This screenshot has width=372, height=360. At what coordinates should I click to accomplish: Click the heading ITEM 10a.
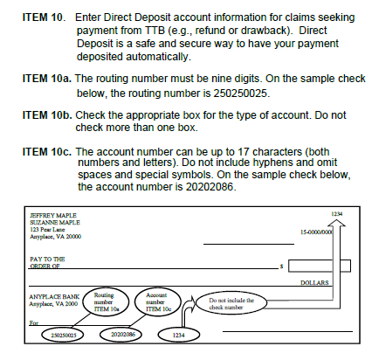pos(46,79)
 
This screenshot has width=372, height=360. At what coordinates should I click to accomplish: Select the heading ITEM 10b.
pos(47,115)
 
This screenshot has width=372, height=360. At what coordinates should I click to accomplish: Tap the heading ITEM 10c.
pos(46,152)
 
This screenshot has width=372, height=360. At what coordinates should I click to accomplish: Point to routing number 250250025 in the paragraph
pos(240,93)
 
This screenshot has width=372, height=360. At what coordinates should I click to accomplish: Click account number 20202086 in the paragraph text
pos(210,187)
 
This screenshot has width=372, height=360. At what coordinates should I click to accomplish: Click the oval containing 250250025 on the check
pos(63,335)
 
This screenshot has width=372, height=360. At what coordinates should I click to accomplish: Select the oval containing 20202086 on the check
pos(121,334)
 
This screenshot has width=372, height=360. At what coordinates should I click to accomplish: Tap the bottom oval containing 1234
pos(179,335)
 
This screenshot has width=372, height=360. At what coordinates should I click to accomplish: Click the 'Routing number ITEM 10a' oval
pos(106,302)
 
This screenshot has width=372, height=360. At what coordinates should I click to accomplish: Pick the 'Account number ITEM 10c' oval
pos(158,301)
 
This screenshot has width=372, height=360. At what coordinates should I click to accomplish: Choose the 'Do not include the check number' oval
pos(231,303)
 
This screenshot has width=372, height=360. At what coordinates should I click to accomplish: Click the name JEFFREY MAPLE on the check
pos(53,216)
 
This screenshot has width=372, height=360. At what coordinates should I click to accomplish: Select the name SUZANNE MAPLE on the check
pos(55,223)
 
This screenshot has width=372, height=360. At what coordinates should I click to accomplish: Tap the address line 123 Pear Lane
pos(47,230)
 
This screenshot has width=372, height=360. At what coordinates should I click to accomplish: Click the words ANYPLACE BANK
pos(54,297)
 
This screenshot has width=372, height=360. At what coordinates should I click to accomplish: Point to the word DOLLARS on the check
pos(314,283)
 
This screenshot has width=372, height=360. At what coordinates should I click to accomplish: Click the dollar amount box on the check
pos(320,266)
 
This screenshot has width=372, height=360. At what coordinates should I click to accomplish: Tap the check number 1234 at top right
pos(337,214)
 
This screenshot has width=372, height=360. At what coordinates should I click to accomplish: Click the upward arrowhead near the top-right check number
pos(336,223)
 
